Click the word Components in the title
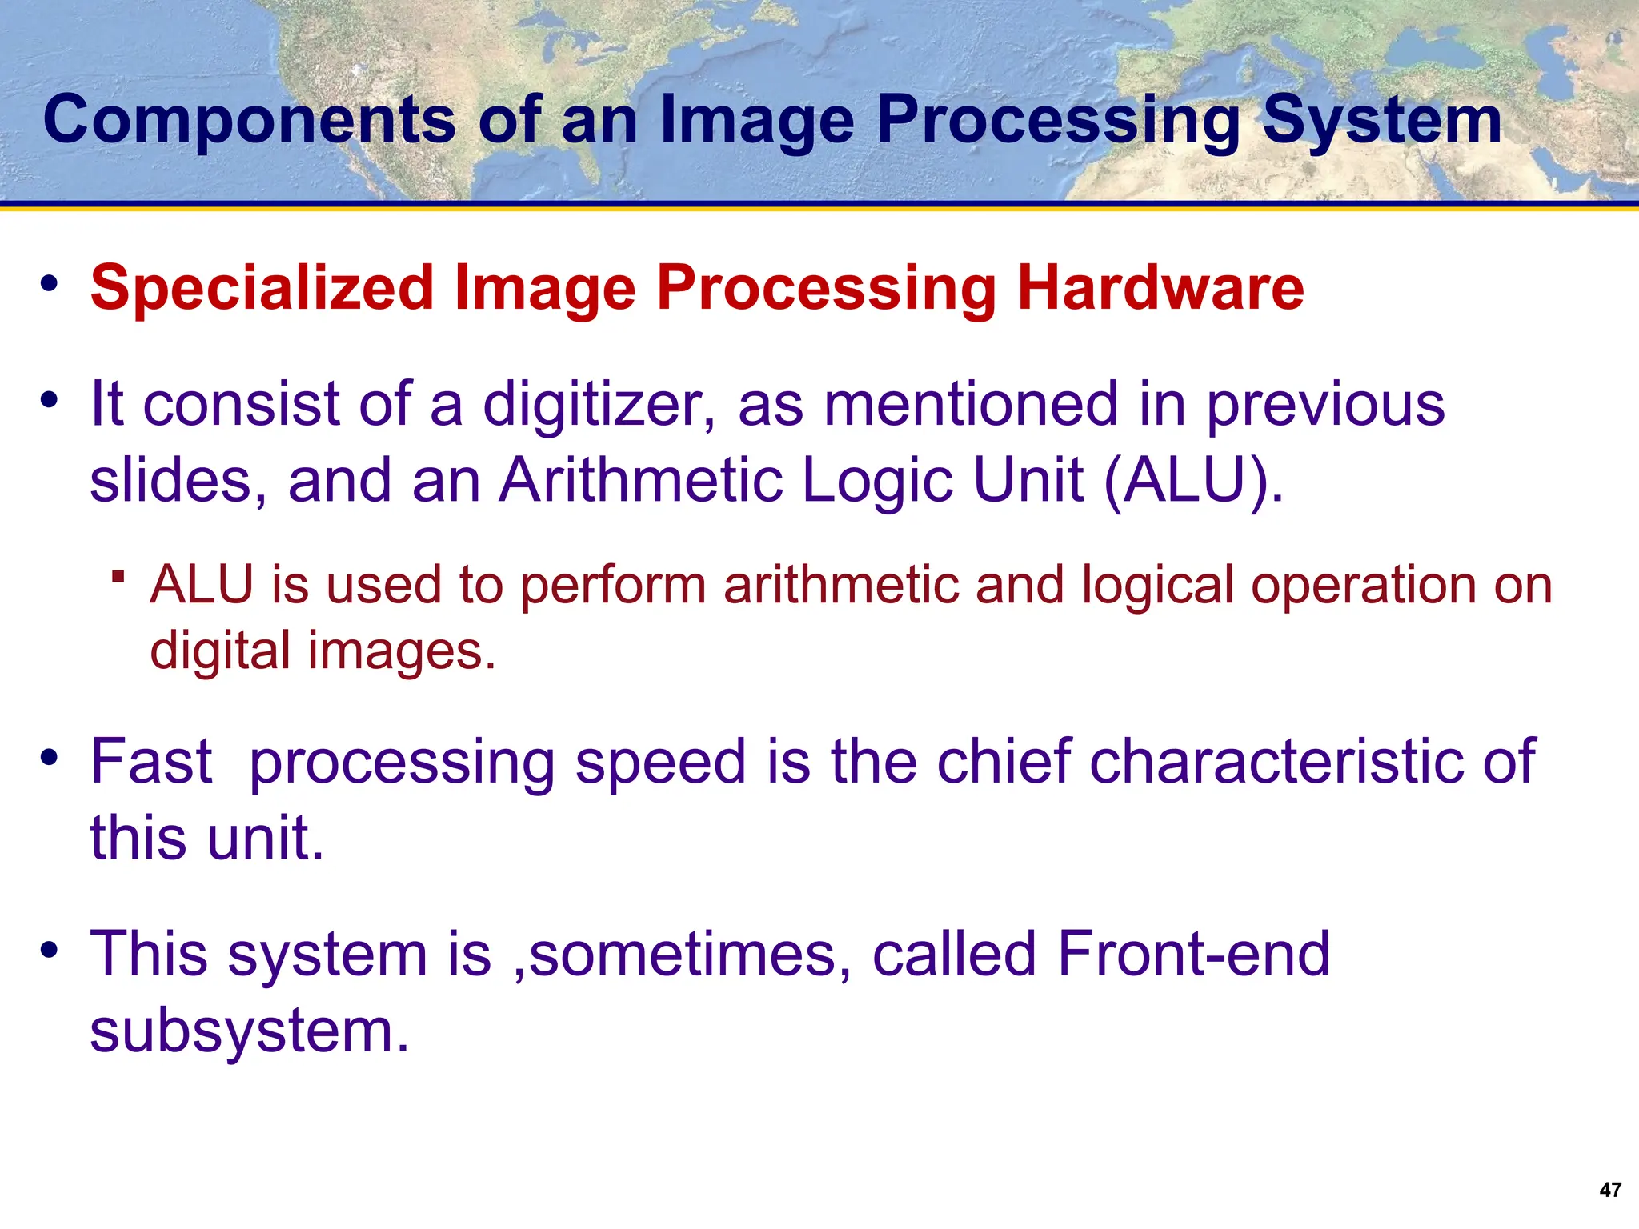click(x=249, y=119)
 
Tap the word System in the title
click(x=1382, y=119)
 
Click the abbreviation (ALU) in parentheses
click(x=1193, y=481)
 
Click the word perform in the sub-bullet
click(x=613, y=586)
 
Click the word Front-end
click(x=1193, y=955)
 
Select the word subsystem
click(x=249, y=1031)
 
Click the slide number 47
click(x=1610, y=1190)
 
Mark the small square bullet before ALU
click(x=118, y=576)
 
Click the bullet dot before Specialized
click(x=50, y=284)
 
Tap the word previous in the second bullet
click(x=1325, y=404)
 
